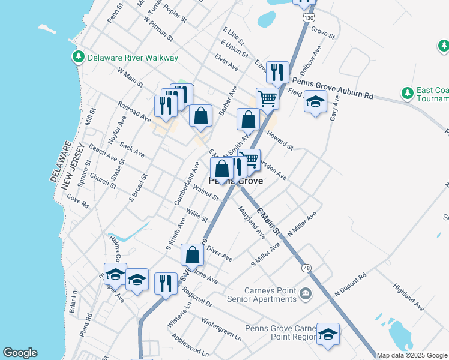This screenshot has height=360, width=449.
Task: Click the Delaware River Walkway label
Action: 133,58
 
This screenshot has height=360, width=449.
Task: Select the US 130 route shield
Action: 309,19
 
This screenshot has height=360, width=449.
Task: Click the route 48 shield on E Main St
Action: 307,268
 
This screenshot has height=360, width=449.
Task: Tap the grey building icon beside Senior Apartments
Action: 306,293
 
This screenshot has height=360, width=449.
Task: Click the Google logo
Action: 20,353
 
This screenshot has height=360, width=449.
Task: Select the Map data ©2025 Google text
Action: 412,355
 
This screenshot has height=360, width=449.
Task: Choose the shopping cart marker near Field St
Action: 267,98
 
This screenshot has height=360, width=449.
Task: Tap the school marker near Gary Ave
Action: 315,102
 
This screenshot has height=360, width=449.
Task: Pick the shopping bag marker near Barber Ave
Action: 200,116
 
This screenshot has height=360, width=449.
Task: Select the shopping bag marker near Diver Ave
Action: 192,254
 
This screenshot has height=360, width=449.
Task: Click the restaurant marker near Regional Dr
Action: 166,283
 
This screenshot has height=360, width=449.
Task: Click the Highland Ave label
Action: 408,298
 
